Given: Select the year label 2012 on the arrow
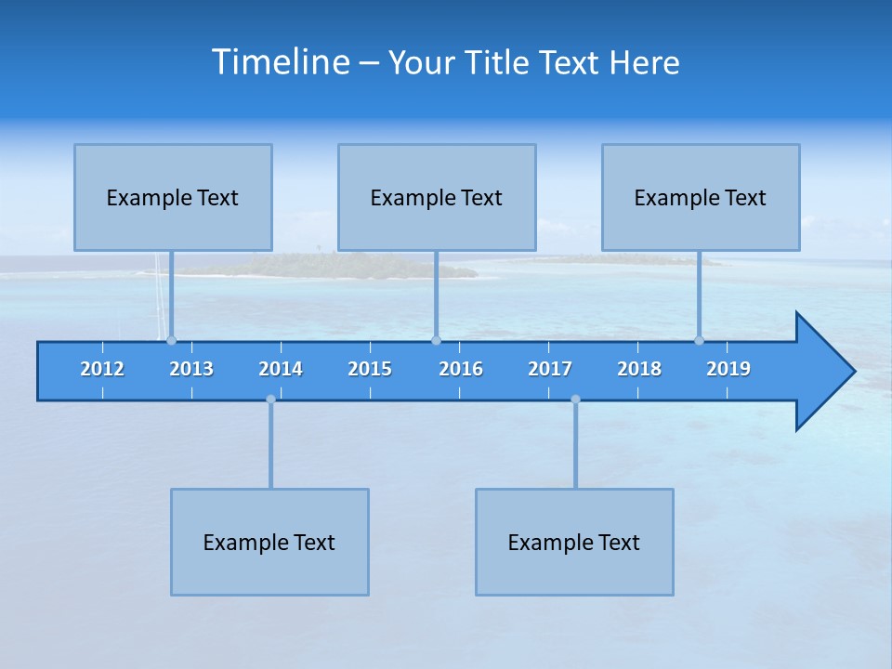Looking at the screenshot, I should click(102, 369).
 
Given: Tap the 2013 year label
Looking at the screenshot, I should click(191, 369).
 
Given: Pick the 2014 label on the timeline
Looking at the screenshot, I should click(281, 369).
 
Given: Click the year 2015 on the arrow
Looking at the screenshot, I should click(370, 369).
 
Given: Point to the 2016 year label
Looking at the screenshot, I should click(461, 369).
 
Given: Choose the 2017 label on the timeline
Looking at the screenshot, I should click(550, 369).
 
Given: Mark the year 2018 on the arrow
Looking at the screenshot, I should click(639, 369).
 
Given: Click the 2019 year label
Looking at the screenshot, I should click(728, 369).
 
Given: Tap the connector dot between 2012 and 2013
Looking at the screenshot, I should click(171, 340).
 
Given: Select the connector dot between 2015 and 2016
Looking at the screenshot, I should click(436, 340).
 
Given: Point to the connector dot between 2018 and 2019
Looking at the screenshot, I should click(700, 340).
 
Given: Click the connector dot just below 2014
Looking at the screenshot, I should click(270, 400).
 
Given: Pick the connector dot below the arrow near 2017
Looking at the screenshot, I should click(575, 400).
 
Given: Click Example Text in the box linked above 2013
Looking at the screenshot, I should click(173, 198).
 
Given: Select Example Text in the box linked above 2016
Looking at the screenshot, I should click(437, 198).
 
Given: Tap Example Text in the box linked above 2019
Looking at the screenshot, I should click(701, 198).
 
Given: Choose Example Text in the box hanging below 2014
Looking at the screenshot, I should click(269, 543).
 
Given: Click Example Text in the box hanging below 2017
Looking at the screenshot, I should click(574, 543).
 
